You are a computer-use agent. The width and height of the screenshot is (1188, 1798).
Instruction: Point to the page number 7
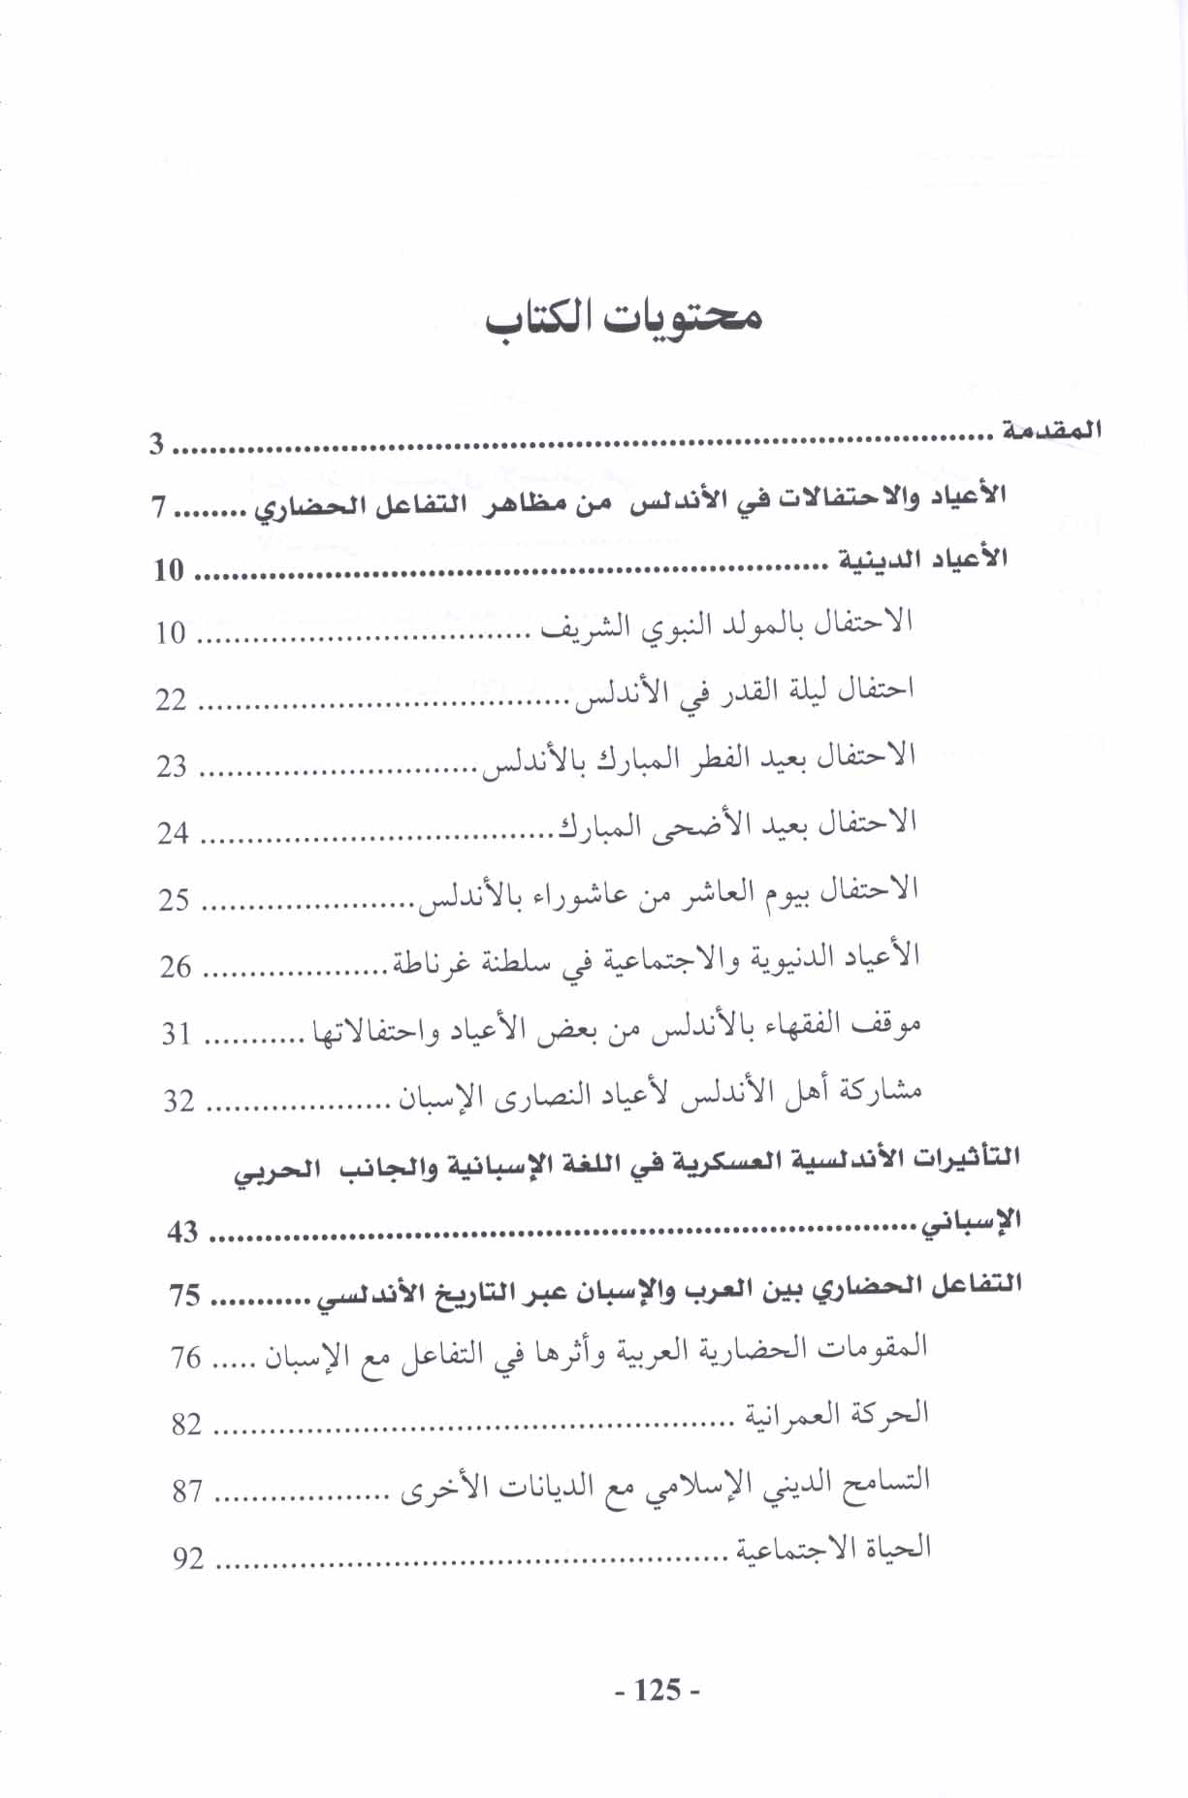point(160,507)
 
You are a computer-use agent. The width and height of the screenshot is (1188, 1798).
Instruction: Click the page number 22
point(171,699)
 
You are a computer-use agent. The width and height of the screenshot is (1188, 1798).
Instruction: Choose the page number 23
point(172,766)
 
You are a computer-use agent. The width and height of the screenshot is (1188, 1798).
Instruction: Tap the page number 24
point(173,833)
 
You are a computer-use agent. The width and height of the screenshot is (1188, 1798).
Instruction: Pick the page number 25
point(175,900)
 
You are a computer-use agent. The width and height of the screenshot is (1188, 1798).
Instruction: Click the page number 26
point(176,967)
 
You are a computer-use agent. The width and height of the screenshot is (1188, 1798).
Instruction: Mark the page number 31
point(177,1034)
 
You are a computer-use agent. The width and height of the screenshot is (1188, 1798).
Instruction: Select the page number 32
point(178,1101)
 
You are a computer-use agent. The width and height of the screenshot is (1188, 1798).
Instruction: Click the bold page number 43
point(182,1232)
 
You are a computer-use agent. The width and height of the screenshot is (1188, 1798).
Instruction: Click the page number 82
point(186,1425)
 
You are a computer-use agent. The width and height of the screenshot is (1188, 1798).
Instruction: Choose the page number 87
point(187,1492)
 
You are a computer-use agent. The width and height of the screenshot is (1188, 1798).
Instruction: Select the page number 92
point(189,1558)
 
